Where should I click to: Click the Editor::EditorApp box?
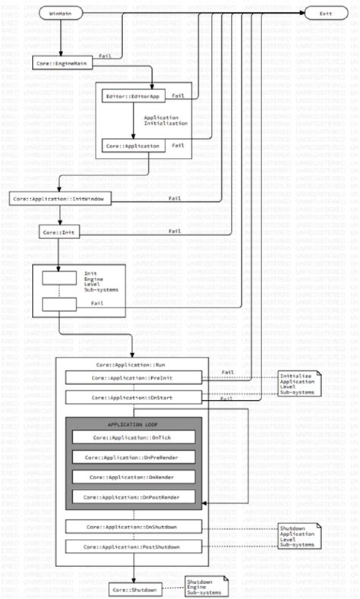tap(134, 96)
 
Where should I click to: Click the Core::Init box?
tap(60, 231)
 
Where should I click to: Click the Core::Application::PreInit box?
tap(134, 377)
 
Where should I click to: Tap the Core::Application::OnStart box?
tap(134, 397)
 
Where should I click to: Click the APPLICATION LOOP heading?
tap(134, 424)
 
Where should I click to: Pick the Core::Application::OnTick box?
tap(134, 438)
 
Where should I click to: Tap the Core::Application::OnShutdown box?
tap(134, 526)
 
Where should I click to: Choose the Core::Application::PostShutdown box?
tap(134, 546)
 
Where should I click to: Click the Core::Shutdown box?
tap(134, 589)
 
